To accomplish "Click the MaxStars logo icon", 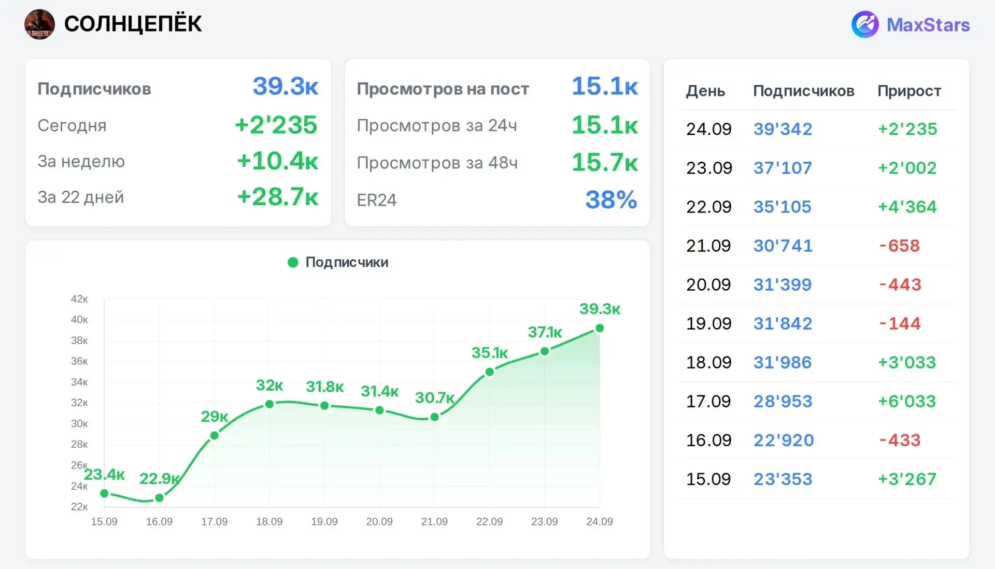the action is pos(865,24).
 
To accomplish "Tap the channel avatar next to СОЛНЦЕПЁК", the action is pos(39,24).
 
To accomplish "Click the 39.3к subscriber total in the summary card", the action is pos(286,86).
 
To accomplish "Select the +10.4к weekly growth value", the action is pos(278,161).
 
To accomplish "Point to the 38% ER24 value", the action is pos(612,200).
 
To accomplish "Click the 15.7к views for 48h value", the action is pos(605,162).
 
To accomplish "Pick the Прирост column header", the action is pos(909,91).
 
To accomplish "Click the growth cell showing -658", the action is pos(900,246).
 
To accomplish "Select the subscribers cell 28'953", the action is pos(783,401).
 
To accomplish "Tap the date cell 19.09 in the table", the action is pos(709,323).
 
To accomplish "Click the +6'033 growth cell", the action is pos(907,401).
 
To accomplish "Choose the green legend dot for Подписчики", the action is pos(293,262).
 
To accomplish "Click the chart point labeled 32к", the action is pos(269,404).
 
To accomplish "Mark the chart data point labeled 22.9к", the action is pos(160,498).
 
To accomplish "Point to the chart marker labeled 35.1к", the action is pos(490,372).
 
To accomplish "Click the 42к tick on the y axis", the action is pos(79,299).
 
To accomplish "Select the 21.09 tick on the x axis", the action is pos(434,521).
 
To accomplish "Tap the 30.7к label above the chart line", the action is pos(435,398).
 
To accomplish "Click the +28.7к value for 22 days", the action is pos(278,197).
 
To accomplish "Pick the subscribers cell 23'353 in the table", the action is pos(783,479).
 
